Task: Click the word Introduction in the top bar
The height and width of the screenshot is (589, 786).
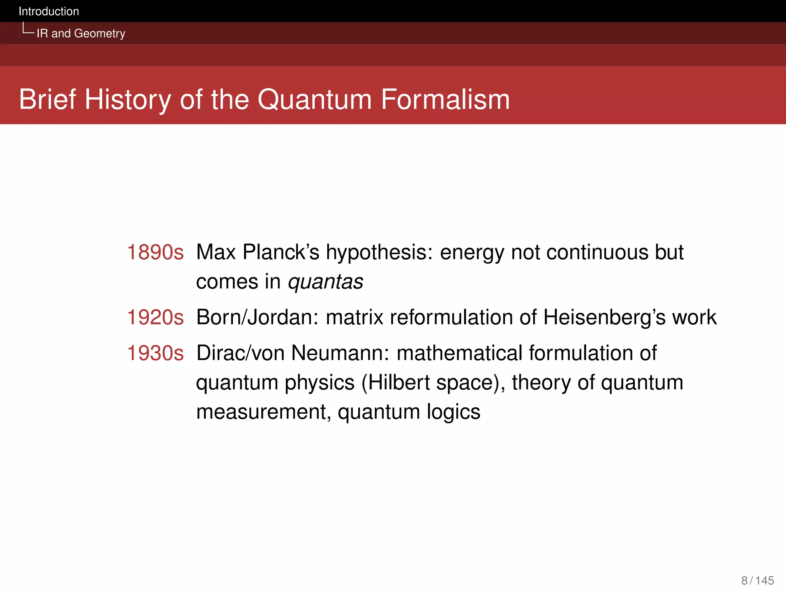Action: tap(49, 12)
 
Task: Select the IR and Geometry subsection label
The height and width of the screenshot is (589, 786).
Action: tap(81, 33)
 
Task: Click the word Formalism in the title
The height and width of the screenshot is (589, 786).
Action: tap(445, 100)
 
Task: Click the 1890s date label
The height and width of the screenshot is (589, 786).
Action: tap(155, 252)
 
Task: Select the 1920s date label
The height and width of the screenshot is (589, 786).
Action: tap(155, 318)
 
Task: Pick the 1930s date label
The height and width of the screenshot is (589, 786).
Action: tap(155, 353)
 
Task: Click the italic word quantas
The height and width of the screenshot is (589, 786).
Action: tap(325, 282)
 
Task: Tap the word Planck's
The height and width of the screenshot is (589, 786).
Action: tap(281, 252)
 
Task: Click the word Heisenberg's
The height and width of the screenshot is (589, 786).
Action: tap(604, 318)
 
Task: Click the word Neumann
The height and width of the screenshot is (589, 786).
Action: tap(340, 353)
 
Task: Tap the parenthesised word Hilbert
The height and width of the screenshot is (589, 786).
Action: tap(396, 383)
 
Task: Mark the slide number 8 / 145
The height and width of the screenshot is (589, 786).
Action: tap(757, 581)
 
